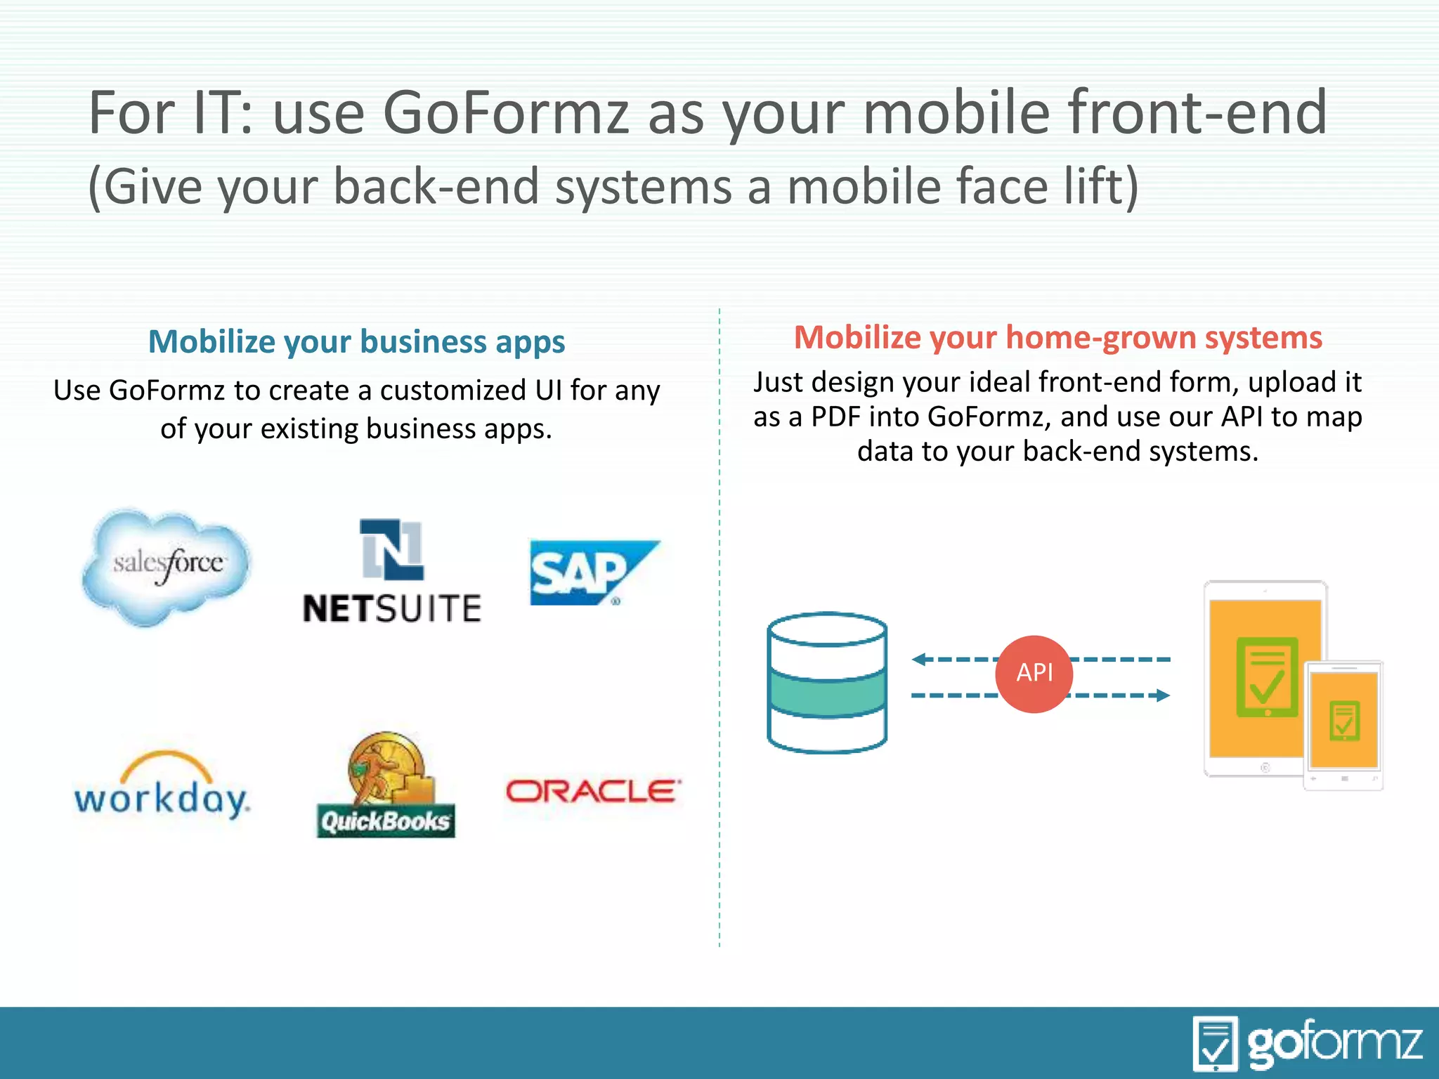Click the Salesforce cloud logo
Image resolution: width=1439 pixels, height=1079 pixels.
coord(167,566)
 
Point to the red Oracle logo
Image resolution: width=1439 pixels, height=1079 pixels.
coord(592,791)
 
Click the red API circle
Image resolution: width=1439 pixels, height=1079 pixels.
coord(1034,674)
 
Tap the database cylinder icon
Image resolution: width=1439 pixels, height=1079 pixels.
coord(827,683)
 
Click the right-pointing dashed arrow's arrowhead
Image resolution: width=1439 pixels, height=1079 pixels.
coord(1163,695)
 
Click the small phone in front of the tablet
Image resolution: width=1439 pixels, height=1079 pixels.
coord(1343,726)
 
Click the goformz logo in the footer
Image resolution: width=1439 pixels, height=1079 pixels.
coord(1308,1043)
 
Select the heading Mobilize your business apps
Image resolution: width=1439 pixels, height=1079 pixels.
coord(357,342)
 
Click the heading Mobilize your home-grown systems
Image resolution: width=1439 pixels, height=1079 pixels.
coord(1057,338)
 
